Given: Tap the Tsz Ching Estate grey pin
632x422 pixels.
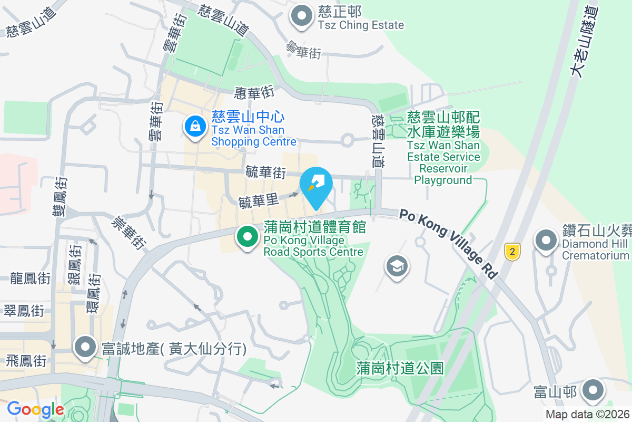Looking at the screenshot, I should click(302, 16).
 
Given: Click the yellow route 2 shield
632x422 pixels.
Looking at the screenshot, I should click(512, 251).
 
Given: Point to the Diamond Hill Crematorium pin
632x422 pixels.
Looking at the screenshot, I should click(546, 241).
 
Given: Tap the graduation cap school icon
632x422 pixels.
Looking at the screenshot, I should click(397, 266).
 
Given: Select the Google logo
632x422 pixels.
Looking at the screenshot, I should click(35, 409).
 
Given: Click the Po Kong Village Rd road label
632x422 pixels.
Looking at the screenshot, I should click(448, 244).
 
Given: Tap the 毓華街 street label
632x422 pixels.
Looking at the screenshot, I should click(265, 172).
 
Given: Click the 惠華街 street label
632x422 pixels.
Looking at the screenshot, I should click(255, 93).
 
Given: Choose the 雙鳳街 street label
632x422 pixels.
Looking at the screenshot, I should click(60, 196).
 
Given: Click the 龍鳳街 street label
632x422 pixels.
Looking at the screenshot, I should click(31, 278).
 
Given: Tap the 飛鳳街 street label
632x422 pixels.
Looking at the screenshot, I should click(26, 361).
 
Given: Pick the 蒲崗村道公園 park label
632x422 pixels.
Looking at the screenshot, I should click(400, 367).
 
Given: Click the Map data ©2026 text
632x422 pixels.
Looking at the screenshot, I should click(587, 415).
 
